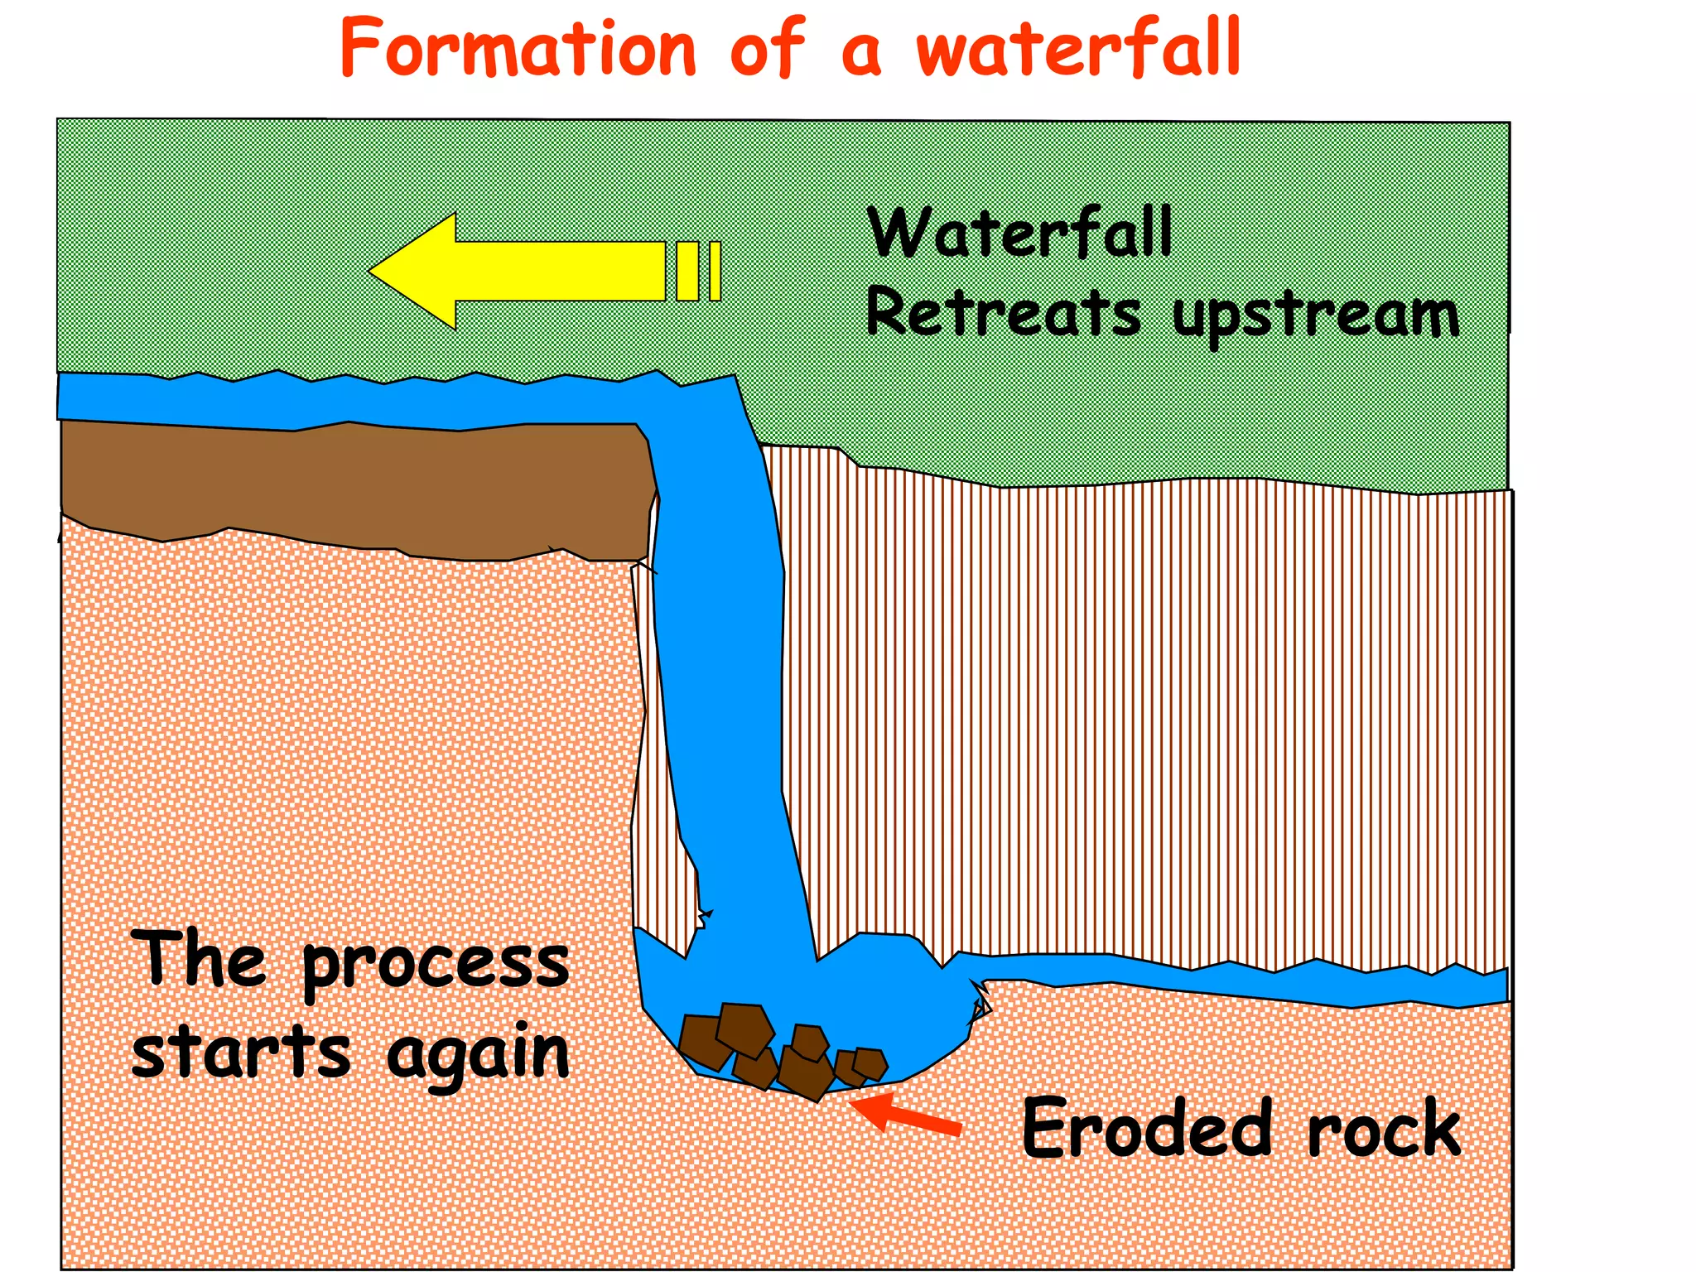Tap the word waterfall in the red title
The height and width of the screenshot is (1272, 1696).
tap(1078, 48)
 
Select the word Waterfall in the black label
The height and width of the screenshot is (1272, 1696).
tap(1019, 234)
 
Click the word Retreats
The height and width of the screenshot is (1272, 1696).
tap(1003, 313)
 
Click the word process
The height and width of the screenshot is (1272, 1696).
tap(436, 966)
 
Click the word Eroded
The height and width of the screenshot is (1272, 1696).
tap(1147, 1129)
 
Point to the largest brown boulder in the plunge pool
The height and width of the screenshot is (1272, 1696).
tap(744, 1029)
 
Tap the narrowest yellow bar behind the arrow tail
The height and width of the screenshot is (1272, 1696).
tap(715, 271)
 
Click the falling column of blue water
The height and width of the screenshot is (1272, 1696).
tap(720, 662)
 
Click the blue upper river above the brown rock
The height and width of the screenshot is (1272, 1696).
tap(331, 402)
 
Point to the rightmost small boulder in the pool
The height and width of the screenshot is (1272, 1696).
tap(870, 1062)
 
